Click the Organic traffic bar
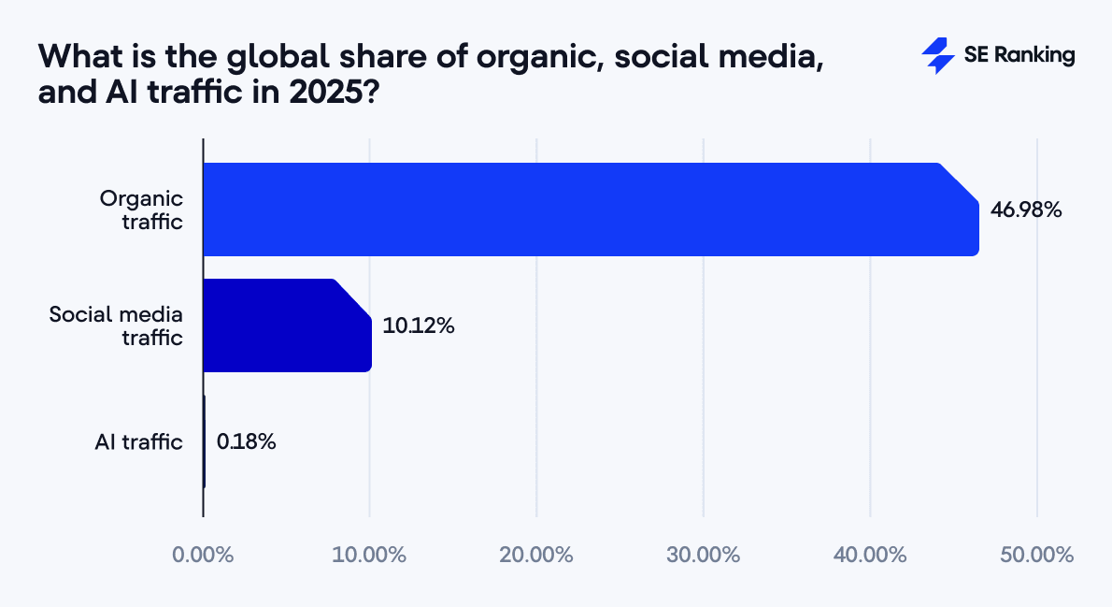[589, 210]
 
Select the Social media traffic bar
[287, 325]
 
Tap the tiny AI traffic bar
[204, 441]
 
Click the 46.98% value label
[1026, 210]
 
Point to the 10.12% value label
[419, 326]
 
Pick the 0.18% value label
[246, 442]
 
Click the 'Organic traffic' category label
[142, 210]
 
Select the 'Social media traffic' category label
[116, 325]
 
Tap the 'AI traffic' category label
[138, 442]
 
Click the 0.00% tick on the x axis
[203, 555]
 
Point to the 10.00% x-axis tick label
[369, 555]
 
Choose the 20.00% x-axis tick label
[536, 555]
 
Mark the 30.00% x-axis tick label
[703, 555]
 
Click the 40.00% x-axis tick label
[870, 555]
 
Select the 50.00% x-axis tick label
[1036, 555]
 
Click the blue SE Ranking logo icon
[937, 56]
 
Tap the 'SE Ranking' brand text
[1019, 56]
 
